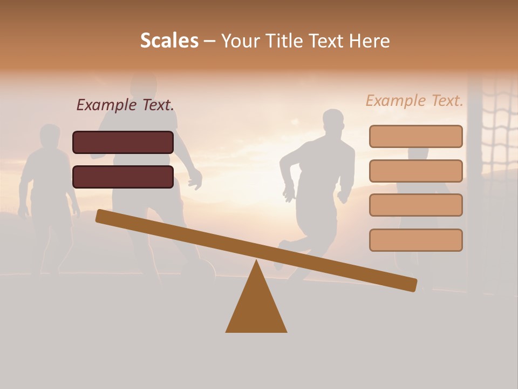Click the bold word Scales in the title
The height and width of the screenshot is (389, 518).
point(169,41)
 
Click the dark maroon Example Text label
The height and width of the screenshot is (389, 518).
point(125,105)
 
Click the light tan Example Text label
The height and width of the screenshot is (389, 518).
point(414,100)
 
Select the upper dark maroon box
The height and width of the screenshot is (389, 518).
point(123,142)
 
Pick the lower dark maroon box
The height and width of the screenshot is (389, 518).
point(123,177)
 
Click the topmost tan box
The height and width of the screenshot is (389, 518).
point(415,136)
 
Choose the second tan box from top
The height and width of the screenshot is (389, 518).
point(415,171)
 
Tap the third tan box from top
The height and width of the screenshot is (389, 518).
point(415,205)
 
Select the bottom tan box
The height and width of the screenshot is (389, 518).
point(415,240)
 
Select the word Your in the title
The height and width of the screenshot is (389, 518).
point(241,41)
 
